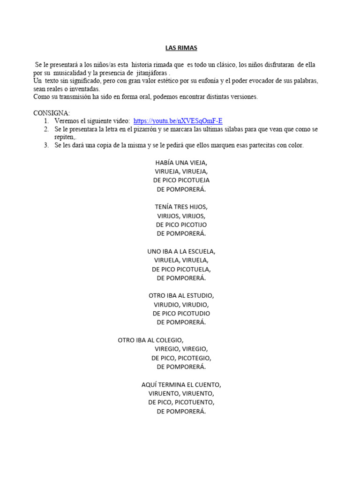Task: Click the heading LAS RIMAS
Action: [181, 48]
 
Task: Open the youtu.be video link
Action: [178, 121]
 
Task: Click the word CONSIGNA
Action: [51, 113]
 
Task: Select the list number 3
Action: [46, 145]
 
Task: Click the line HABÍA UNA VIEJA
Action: [181, 163]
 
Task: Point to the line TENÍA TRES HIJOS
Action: [181, 207]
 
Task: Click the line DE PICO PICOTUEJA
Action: [181, 180]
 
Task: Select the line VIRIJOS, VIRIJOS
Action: [181, 216]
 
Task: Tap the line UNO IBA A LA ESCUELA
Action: [181, 251]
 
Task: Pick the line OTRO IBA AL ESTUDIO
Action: [181, 296]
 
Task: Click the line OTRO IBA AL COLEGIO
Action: [150, 340]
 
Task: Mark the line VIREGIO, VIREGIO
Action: [181, 349]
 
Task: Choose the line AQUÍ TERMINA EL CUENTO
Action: [181, 385]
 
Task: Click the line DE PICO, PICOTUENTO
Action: [181, 402]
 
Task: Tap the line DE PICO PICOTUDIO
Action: [181, 313]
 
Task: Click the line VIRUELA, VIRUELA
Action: [181, 260]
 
